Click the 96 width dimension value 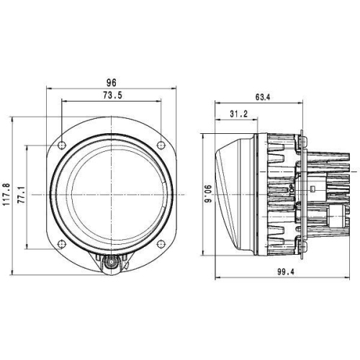coord(111,83)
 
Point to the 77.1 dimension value coord(21,194)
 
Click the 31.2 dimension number coord(239,114)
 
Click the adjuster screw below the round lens coord(111,265)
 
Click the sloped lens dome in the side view coord(229,191)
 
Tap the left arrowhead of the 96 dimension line coord(48,89)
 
